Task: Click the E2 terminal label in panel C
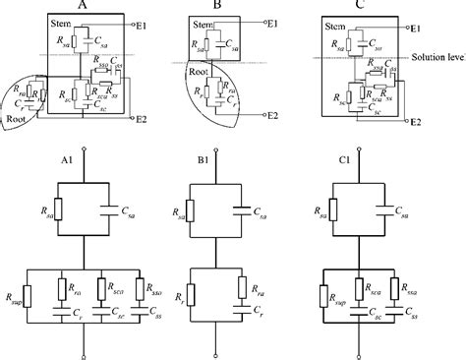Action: pyautogui.click(x=415, y=122)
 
